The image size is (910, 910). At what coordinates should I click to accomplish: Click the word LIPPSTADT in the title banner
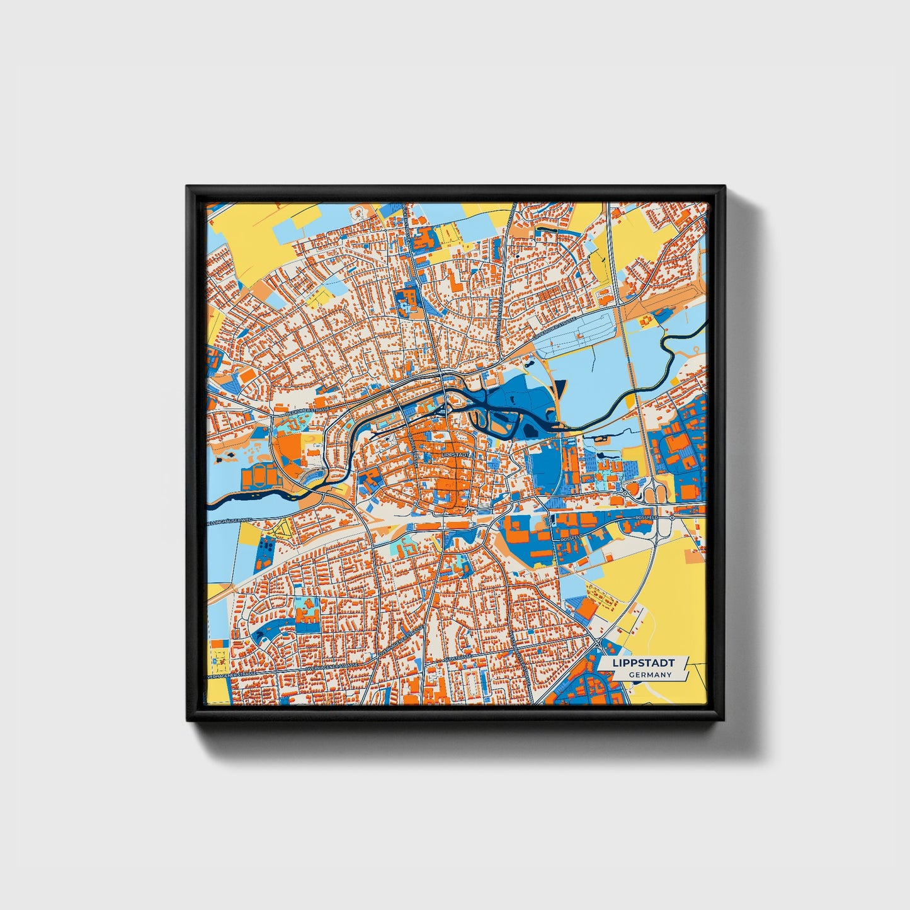[x=642, y=663]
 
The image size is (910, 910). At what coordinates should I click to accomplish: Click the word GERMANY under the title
[x=649, y=674]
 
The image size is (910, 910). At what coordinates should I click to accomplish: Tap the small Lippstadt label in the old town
[x=455, y=453]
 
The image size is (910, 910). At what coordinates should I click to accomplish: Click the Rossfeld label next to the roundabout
[x=646, y=517]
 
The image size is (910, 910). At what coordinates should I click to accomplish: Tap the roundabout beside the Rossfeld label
[x=672, y=517]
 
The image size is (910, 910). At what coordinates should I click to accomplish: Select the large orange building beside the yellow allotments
[x=587, y=608]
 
